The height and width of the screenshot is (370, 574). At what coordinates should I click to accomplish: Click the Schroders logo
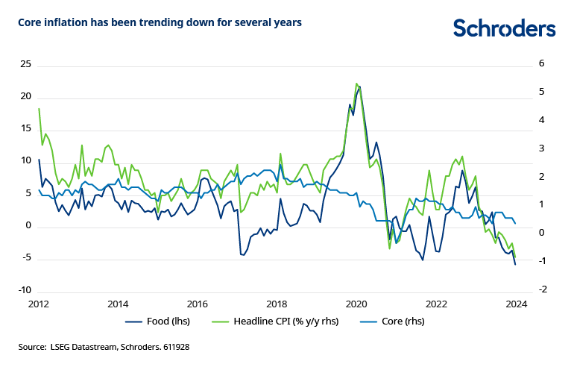tap(505, 28)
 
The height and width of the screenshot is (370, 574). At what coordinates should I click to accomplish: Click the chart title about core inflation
tap(160, 23)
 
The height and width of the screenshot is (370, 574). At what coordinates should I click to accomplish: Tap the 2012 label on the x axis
tap(38, 304)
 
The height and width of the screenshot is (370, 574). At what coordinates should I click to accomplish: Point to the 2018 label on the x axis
tap(277, 304)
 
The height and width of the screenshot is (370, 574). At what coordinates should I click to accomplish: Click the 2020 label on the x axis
tap(356, 304)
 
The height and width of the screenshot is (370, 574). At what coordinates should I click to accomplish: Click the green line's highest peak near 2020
tap(356, 83)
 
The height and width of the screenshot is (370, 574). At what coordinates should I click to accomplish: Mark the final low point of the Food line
tap(515, 264)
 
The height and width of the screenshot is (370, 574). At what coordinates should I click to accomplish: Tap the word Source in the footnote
tap(33, 348)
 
